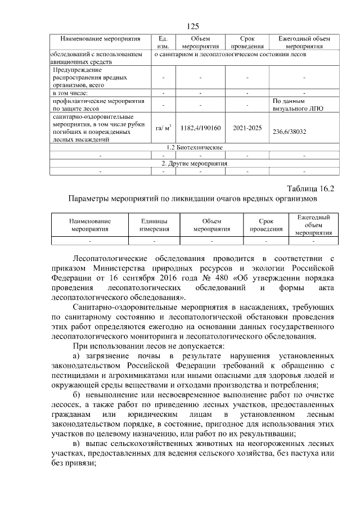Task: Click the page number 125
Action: (x=193, y=26)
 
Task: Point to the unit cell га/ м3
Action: (x=163, y=128)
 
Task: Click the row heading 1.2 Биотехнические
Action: (x=193, y=147)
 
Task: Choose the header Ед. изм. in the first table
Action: (x=163, y=42)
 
